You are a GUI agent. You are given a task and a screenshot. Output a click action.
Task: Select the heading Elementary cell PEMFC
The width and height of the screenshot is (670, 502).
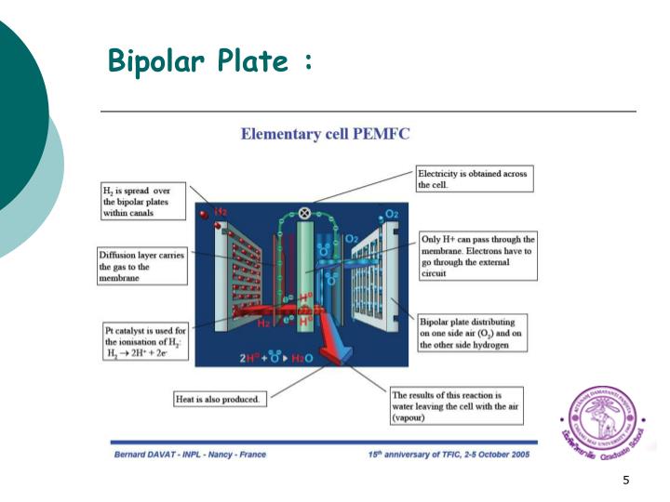pos(325,133)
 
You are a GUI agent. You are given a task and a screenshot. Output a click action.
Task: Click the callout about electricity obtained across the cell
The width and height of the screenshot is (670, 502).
pos(475,179)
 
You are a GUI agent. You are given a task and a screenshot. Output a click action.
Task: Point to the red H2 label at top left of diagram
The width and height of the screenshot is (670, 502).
pos(221,214)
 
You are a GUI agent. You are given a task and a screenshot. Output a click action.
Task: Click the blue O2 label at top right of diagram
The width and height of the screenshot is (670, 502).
pos(392,214)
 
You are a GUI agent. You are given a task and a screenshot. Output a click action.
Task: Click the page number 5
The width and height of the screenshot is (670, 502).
pos(626,480)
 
